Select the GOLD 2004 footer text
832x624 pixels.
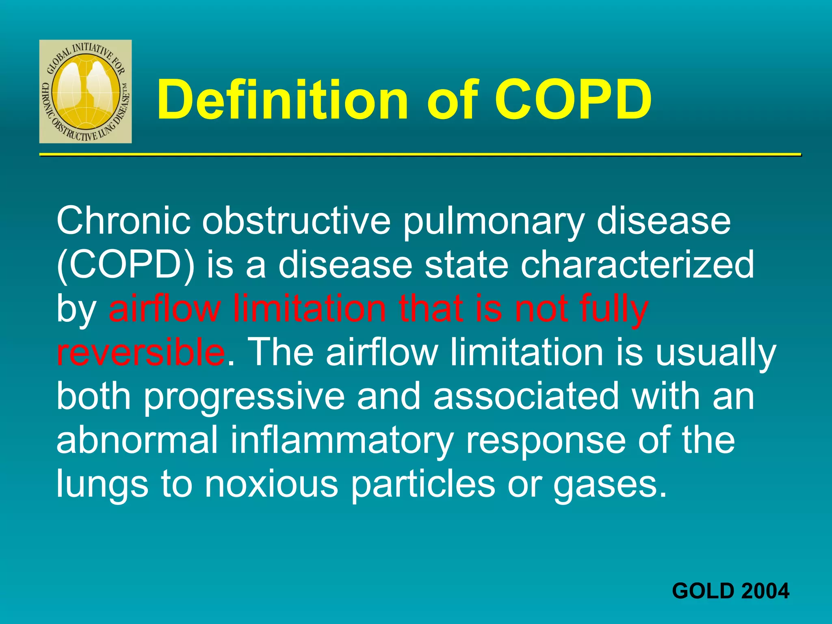point(730,591)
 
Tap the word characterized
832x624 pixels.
point(637,265)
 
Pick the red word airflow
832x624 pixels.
point(165,309)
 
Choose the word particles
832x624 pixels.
point(423,485)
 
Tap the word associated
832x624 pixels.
point(526,397)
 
